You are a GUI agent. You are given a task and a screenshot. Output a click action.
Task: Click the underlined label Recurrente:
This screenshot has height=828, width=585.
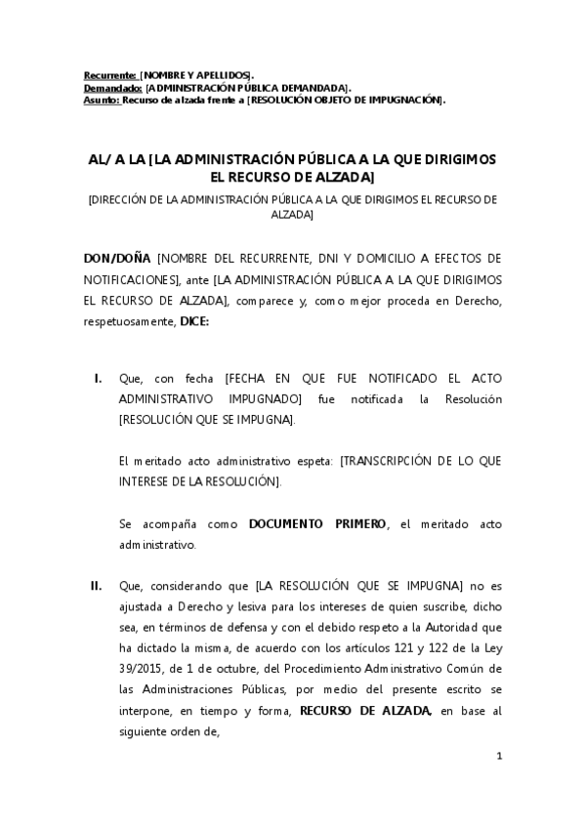pyautogui.click(x=109, y=74)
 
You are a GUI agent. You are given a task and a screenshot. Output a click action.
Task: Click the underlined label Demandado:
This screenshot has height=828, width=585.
pyautogui.click(x=112, y=87)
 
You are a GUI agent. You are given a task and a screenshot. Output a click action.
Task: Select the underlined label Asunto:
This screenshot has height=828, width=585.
pyautogui.click(x=101, y=99)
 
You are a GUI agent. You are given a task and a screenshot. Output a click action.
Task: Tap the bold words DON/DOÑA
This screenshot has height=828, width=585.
pyautogui.click(x=117, y=259)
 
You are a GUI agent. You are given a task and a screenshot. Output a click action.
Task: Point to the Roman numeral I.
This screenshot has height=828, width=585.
pyautogui.click(x=99, y=378)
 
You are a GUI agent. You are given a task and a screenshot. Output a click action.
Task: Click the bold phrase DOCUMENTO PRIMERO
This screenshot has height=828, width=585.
pyautogui.click(x=317, y=524)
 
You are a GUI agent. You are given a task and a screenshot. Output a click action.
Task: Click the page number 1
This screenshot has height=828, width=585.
pyautogui.click(x=498, y=756)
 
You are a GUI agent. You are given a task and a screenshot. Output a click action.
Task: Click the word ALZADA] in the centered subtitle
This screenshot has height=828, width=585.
pyautogui.click(x=292, y=215)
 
